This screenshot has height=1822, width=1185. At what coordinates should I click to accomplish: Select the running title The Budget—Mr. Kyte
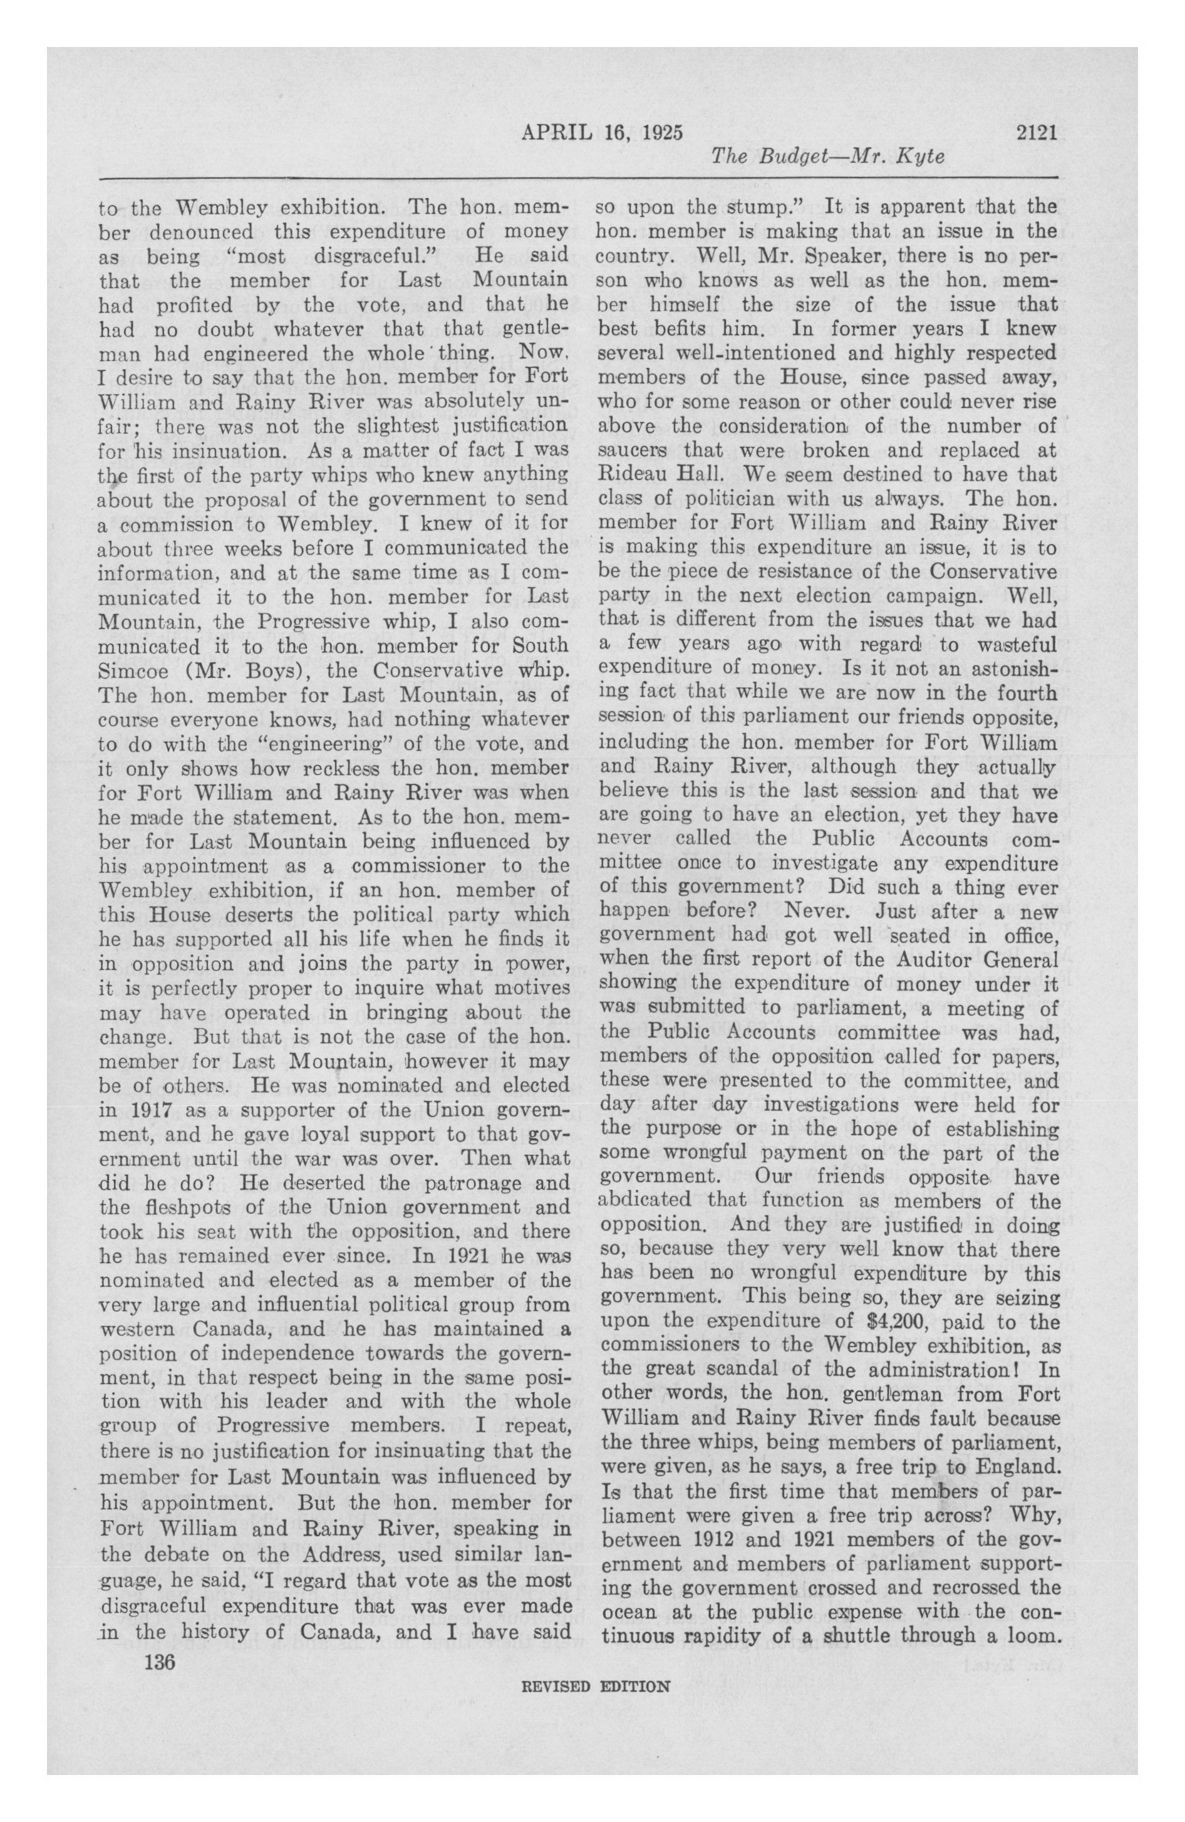tap(827, 157)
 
